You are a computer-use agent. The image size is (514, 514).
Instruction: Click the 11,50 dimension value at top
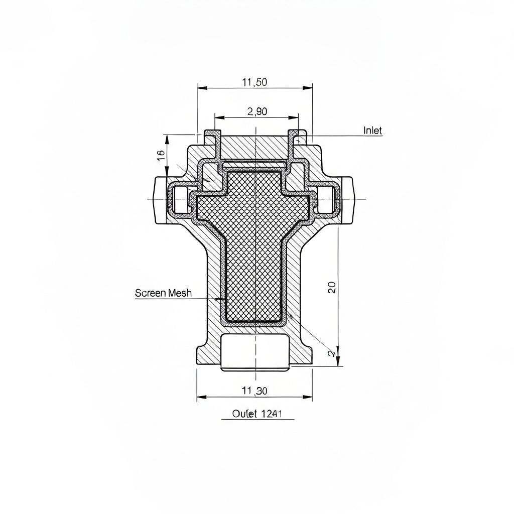coord(254,83)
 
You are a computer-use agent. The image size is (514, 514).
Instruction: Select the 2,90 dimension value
coord(257,112)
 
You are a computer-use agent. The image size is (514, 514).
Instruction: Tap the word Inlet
coord(372,131)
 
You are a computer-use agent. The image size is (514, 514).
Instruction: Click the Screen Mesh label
coord(163,293)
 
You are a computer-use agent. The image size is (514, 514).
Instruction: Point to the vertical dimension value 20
coord(332,287)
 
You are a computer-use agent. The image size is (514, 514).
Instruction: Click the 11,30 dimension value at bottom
coord(254,391)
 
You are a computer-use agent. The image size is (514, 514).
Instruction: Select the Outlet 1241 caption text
coord(257,414)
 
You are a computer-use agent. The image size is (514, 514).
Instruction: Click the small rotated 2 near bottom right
coord(331,353)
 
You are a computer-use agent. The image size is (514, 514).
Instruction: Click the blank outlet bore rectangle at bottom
coord(255,352)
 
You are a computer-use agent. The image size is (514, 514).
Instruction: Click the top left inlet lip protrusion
coord(212,138)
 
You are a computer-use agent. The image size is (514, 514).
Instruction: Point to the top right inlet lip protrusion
coord(297,138)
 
